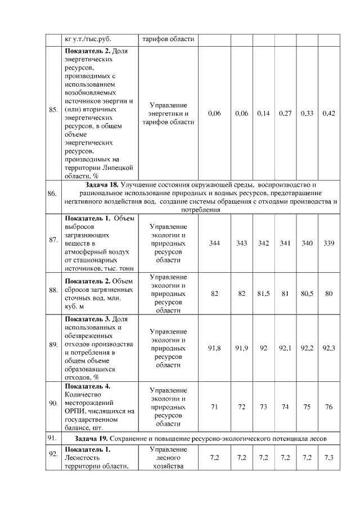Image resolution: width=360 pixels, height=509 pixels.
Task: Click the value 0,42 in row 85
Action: coord(329,114)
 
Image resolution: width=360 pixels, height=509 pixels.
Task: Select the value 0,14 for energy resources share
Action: coord(263,114)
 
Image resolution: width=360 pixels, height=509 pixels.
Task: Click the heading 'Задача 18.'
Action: coord(103,184)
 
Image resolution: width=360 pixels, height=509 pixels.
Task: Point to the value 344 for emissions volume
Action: coord(214,243)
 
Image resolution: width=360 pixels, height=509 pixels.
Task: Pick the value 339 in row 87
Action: coord(329,243)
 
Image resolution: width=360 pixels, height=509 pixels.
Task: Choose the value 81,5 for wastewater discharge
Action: coord(263,294)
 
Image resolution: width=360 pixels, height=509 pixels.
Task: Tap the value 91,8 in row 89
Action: coord(214,348)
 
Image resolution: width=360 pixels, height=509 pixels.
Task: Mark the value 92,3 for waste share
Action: coord(329,348)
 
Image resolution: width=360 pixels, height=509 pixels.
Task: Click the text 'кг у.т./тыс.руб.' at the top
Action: coord(88,39)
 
